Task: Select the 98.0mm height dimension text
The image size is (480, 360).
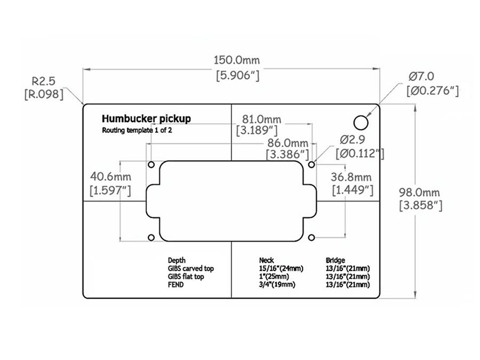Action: tap(420, 193)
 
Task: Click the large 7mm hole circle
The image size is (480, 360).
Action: tap(362, 122)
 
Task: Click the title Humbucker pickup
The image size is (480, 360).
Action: tap(146, 118)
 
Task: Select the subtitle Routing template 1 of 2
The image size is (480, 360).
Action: tap(137, 130)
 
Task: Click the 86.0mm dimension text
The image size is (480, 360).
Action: tap(288, 143)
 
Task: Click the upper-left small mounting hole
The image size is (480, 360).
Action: tap(151, 164)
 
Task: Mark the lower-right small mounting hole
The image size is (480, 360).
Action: tap(312, 237)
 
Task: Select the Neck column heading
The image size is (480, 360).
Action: tap(266, 260)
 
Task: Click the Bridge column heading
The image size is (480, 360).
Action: tap(336, 260)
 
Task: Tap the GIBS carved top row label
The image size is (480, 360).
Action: tap(190, 268)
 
